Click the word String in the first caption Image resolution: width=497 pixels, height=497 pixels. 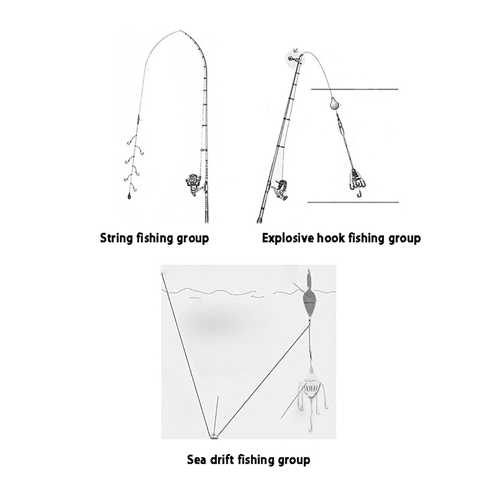point(117,238)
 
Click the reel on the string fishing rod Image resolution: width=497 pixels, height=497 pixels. point(194,185)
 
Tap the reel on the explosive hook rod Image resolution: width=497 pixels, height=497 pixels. point(280,190)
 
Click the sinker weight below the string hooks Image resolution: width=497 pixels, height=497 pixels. point(129,196)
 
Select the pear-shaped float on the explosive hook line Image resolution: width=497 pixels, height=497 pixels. point(334,103)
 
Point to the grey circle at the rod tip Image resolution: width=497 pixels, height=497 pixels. point(292,58)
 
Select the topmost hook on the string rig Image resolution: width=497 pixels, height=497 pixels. point(132,140)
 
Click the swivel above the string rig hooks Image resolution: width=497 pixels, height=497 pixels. point(139,120)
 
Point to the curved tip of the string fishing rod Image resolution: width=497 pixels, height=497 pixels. point(181,31)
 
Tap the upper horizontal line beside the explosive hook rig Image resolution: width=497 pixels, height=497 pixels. point(355,89)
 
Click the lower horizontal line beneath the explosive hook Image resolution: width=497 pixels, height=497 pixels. point(353,202)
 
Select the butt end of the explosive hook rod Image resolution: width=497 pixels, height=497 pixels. point(259,221)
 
